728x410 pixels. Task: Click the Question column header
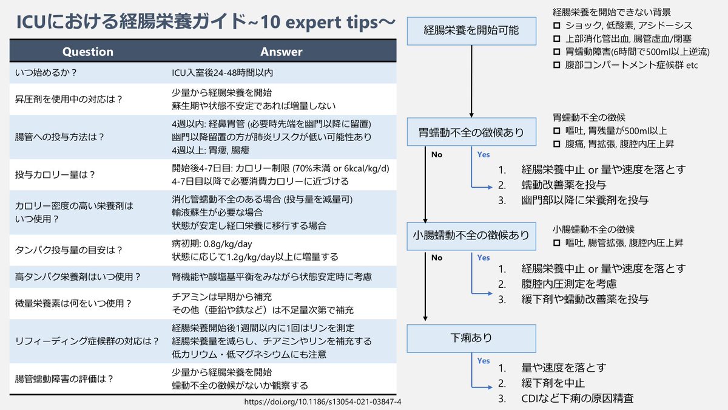(x=88, y=52)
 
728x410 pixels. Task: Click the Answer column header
(x=281, y=52)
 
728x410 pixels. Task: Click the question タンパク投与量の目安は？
(x=69, y=250)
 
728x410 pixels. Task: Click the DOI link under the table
(x=323, y=402)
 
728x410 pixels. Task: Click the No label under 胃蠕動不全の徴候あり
(x=437, y=154)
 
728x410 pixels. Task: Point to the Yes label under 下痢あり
(x=484, y=361)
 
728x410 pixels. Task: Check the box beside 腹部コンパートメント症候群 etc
(x=557, y=65)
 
